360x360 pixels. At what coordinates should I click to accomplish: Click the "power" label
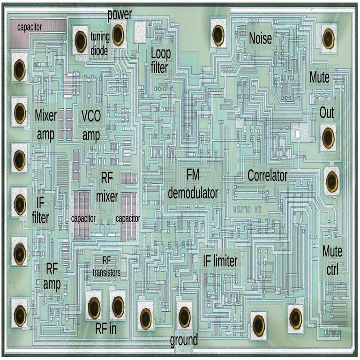119,14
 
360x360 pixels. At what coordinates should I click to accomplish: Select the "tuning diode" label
99,45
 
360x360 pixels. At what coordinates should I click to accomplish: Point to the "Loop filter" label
160,60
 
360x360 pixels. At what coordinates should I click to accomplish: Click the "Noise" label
260,38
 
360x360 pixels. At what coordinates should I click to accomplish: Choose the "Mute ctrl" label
332,260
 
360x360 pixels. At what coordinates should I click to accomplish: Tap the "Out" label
326,113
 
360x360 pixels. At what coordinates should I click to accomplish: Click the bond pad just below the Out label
328,136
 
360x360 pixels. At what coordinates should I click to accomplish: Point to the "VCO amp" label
91,125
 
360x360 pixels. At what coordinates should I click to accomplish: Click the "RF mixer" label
107,187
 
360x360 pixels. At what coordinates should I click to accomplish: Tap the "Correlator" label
267,176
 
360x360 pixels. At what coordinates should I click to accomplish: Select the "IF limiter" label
220,261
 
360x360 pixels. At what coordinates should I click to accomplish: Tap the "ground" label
183,339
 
